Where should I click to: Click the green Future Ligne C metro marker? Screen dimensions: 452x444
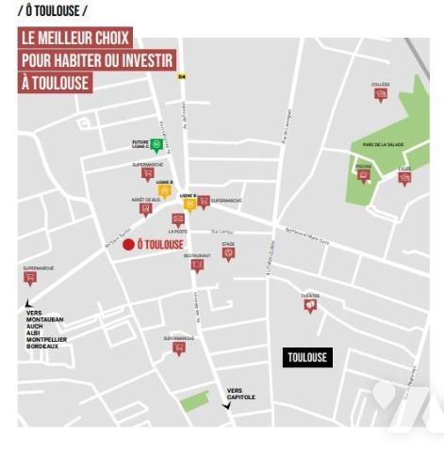pos(156,145)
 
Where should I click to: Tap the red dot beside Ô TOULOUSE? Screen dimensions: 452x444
pos(128,245)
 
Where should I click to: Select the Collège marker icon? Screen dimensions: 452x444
pos(380,95)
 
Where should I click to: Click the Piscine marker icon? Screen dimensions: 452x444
pos(364,176)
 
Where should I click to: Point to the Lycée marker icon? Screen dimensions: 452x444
pos(404,179)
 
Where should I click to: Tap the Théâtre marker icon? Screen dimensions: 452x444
pos(310,306)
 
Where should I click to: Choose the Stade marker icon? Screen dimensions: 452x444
pos(228,253)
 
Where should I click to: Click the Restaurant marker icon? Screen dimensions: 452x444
pos(197,266)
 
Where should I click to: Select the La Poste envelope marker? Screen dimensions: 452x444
pos(177,219)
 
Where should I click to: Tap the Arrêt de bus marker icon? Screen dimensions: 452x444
pos(145,210)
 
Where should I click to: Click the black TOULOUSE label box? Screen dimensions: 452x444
pos(307,358)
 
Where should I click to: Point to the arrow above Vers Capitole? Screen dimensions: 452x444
pos(225,406)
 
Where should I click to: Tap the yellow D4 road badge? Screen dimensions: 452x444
pos(182,77)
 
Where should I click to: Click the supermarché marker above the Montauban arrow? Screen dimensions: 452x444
pos(30,278)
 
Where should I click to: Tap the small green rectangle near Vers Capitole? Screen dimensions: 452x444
pos(194,401)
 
